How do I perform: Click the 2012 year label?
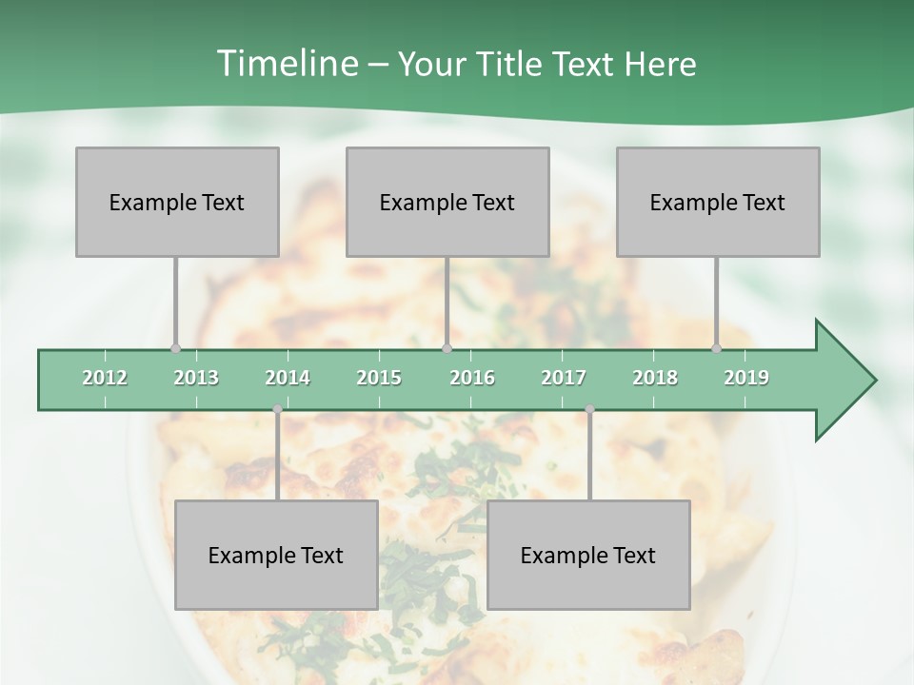click(x=105, y=378)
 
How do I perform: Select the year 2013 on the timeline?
click(x=196, y=378)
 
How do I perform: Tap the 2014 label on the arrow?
click(x=288, y=378)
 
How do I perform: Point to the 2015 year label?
click(x=379, y=378)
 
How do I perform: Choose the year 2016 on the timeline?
click(x=472, y=378)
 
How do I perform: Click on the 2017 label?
click(x=564, y=378)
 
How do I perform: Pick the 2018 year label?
click(x=655, y=378)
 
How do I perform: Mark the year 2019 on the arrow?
click(x=746, y=378)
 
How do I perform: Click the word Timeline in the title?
click(x=286, y=64)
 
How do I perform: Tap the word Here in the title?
click(x=660, y=64)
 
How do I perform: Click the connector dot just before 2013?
click(x=175, y=348)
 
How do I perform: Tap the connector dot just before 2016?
click(x=447, y=348)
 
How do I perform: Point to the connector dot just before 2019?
click(x=717, y=348)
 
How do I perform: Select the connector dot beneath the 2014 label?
click(x=277, y=409)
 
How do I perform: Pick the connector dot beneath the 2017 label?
click(x=589, y=409)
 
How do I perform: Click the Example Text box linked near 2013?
click(x=177, y=202)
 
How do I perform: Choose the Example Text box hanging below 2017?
click(x=588, y=555)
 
